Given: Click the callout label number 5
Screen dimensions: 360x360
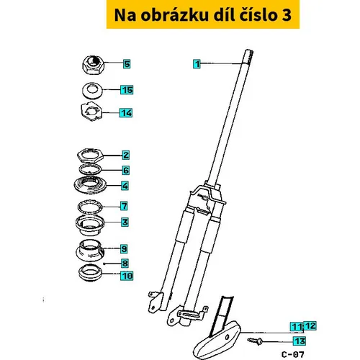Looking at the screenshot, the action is (127, 64).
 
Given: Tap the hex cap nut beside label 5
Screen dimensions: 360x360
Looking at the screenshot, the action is (93, 65).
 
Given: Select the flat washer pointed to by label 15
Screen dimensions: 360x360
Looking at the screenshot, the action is (92, 90).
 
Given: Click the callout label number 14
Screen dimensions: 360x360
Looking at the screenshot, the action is (126, 113).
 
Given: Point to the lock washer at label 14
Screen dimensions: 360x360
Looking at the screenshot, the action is (91, 112).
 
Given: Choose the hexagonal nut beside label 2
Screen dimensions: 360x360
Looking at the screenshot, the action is (90, 155).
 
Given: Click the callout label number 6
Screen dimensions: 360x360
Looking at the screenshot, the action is (126, 171).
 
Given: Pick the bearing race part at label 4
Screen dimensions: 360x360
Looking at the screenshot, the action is (90, 185).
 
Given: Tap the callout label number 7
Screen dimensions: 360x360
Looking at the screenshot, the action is (124, 206).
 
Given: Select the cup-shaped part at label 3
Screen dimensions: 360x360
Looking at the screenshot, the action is (90, 225).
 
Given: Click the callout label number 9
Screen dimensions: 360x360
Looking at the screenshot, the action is (124, 249).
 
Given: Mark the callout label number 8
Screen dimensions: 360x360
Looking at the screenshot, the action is (125, 264).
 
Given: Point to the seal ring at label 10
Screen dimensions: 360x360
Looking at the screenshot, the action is (90, 273).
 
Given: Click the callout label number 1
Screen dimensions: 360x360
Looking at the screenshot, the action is (197, 64).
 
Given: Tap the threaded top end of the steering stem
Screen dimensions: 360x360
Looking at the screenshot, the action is (248, 57).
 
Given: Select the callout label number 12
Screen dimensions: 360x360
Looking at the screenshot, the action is (310, 325).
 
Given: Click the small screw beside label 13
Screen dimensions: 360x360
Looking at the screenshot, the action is (255, 341).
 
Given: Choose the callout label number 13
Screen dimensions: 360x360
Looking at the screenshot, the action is (300, 341).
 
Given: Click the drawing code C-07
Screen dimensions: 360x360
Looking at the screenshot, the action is (292, 354).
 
